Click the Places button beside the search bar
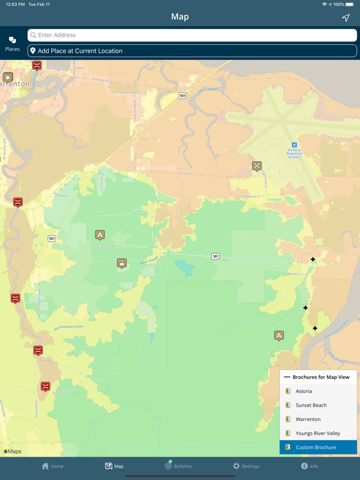click(x=12, y=44)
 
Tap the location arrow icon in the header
click(x=345, y=17)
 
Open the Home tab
click(x=53, y=466)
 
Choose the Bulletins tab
click(x=178, y=466)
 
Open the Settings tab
click(x=246, y=466)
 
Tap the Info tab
click(x=309, y=466)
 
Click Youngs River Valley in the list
click(x=318, y=433)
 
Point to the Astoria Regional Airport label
click(x=294, y=153)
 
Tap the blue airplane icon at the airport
click(x=294, y=145)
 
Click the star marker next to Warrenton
click(x=7, y=77)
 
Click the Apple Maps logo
click(x=12, y=451)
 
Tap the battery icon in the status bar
click(x=350, y=4)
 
